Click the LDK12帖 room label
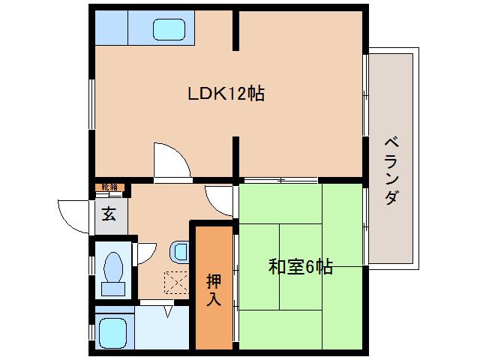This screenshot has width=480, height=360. (x=226, y=94)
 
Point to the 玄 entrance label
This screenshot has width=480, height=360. (x=109, y=214)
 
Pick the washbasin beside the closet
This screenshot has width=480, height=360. (x=178, y=249)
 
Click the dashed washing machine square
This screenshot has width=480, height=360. (x=175, y=281)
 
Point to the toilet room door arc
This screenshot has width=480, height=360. (x=145, y=251)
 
